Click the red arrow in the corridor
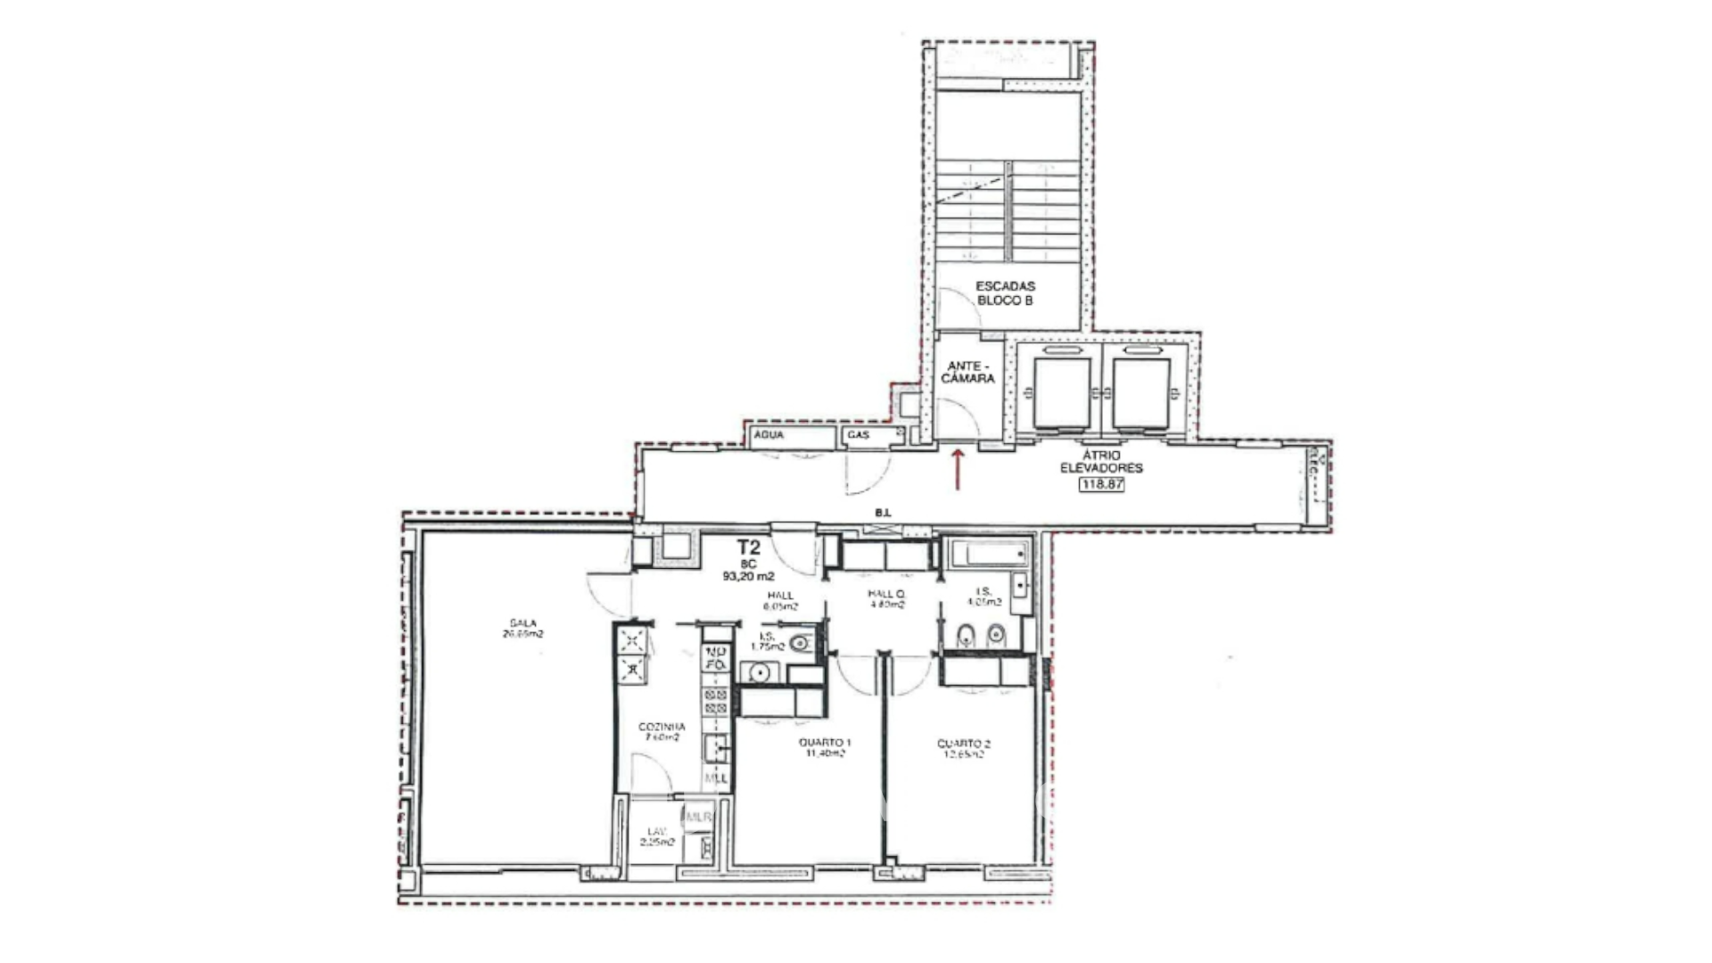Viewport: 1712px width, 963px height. point(959,470)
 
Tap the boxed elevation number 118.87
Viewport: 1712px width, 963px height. point(1101,485)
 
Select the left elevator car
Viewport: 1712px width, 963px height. point(1061,392)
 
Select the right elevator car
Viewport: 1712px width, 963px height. point(1140,392)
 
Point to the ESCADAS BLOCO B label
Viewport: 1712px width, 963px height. point(1005,293)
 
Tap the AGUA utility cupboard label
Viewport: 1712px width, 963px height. point(769,435)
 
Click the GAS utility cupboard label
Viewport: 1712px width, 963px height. point(859,435)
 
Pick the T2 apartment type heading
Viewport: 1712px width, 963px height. point(748,547)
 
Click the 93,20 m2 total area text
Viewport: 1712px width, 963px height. point(748,577)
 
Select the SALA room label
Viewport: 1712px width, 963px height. point(523,629)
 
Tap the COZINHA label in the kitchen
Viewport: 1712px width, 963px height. point(662,732)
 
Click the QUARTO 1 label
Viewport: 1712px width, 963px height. point(825,748)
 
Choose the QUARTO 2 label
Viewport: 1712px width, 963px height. point(964,748)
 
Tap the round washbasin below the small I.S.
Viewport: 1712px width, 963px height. point(761,672)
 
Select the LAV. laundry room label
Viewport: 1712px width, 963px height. point(660,836)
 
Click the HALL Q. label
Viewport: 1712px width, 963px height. point(886,599)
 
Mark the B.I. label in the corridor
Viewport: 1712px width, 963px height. point(883,513)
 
